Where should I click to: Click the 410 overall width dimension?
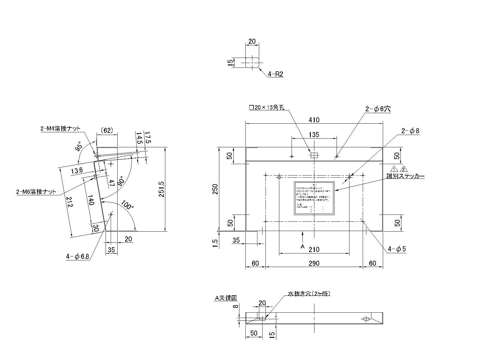point(314,120)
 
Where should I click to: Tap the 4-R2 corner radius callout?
point(275,74)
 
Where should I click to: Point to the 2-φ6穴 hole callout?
point(378,109)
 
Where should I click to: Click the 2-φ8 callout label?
point(410,131)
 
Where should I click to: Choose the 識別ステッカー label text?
point(405,176)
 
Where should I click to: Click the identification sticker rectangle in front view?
point(314,198)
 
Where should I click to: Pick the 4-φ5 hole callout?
point(397,249)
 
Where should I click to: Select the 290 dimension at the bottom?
point(314,263)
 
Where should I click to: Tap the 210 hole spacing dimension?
point(314,249)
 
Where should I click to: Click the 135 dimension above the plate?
point(314,134)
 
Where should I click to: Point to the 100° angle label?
point(127,206)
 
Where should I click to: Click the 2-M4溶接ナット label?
point(60,129)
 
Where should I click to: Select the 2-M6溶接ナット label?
point(36,192)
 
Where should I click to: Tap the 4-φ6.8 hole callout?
point(77,256)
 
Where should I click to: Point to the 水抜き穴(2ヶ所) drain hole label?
point(309,294)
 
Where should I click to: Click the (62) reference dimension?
point(106,130)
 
